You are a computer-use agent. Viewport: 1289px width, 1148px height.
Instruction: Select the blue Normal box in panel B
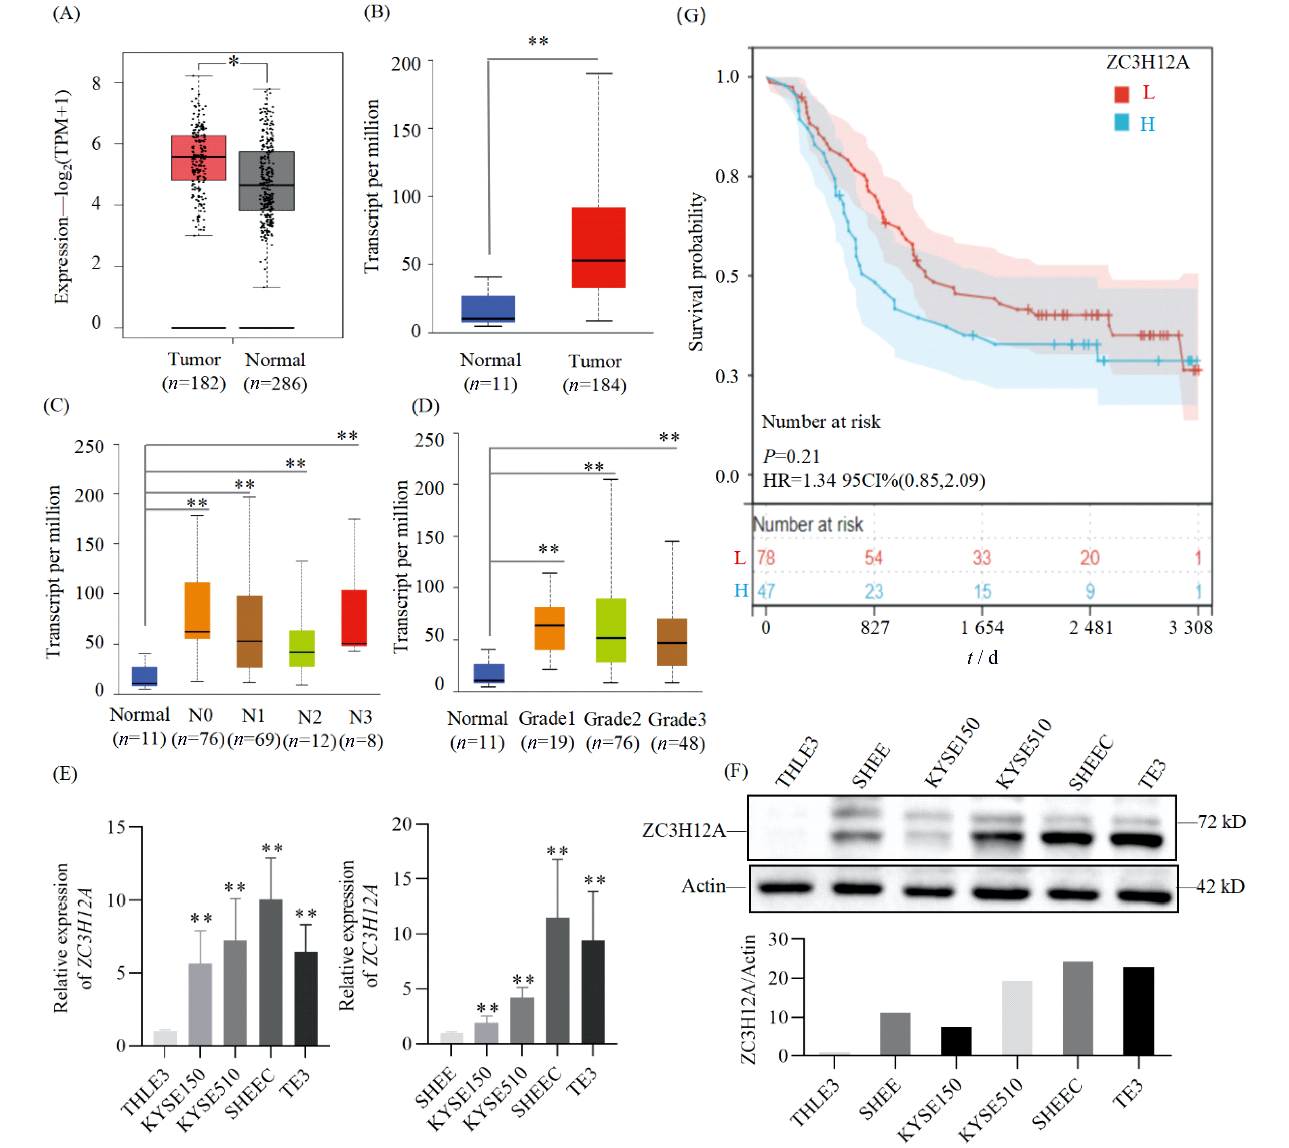pyautogui.click(x=488, y=309)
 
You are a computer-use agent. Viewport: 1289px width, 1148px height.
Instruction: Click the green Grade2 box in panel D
pyautogui.click(x=611, y=630)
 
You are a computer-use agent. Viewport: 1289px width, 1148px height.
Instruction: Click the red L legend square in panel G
pyautogui.click(x=1121, y=95)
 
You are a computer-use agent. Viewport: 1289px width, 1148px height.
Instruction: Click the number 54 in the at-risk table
pyautogui.click(x=873, y=558)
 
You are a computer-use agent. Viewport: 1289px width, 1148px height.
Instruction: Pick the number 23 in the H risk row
pyautogui.click(x=873, y=591)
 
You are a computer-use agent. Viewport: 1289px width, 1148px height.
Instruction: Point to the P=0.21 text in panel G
pyautogui.click(x=791, y=456)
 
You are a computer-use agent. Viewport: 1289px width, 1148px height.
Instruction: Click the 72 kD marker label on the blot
pyautogui.click(x=1222, y=822)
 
